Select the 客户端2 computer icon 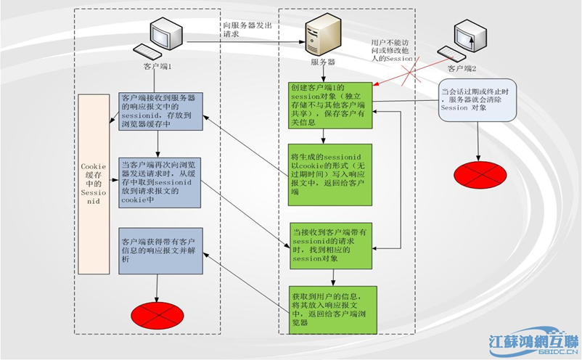[462, 42]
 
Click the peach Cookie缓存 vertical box [94, 185]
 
